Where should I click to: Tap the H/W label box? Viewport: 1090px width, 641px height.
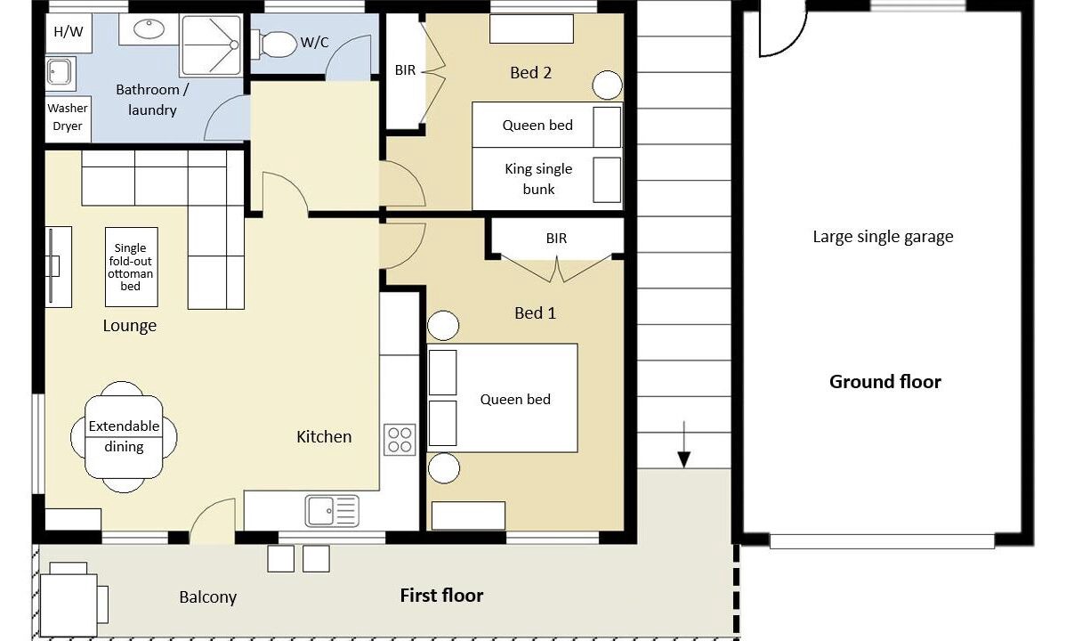69,32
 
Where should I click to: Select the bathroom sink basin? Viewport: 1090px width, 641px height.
149,29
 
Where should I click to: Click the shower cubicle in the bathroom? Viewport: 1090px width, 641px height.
211,45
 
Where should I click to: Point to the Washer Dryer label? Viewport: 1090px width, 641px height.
68,118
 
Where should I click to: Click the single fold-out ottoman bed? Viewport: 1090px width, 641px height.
132,267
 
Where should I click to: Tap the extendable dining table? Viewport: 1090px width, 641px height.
124,436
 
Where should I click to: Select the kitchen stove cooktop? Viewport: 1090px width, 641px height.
400,440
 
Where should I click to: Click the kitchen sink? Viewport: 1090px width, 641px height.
332,511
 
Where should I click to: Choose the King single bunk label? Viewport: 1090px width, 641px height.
538,179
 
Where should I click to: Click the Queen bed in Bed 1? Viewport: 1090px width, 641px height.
503,398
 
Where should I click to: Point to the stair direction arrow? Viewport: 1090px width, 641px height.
684,444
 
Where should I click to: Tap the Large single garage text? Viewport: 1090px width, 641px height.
883,237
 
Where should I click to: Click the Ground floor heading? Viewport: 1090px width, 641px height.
885,382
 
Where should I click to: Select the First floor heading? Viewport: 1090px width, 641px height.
441,596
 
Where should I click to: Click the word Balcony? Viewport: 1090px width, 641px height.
208,597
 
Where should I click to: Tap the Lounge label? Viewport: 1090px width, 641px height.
129,326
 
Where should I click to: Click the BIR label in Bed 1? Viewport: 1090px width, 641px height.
556,239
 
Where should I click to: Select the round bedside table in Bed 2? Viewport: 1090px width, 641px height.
607,85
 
